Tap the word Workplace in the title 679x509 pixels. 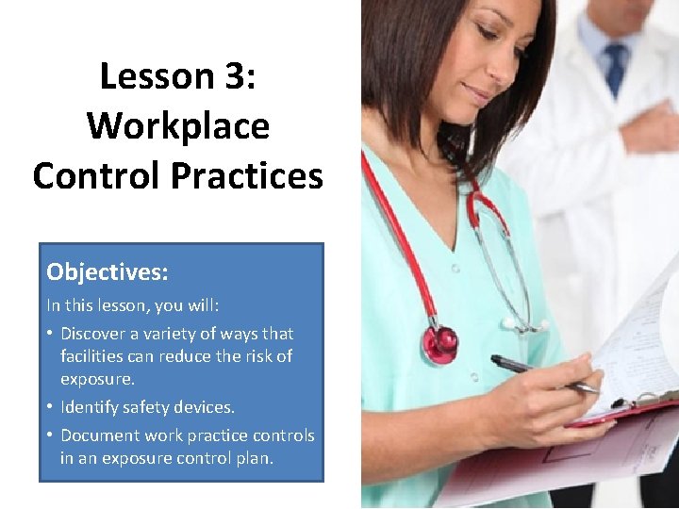(x=177, y=125)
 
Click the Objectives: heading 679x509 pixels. (x=108, y=272)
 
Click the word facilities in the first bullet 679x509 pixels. (x=96, y=356)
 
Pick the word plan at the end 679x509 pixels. (x=254, y=458)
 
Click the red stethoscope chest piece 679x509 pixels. (x=440, y=343)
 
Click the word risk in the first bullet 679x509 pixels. (x=254, y=356)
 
